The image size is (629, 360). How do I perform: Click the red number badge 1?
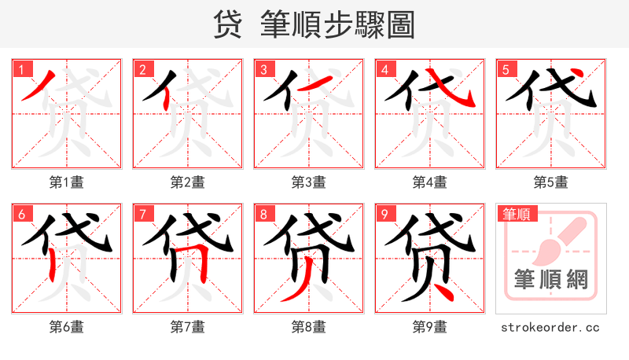tap(21, 69)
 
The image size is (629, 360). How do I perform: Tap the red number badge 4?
tap(384, 69)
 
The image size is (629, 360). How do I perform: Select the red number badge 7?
tap(142, 214)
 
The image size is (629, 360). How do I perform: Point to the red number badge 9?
tap(384, 214)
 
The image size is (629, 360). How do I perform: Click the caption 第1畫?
tap(66, 182)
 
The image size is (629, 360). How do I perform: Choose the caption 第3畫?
tap(308, 182)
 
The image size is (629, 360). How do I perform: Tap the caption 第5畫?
tap(550, 182)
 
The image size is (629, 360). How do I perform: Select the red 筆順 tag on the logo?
tap(515, 214)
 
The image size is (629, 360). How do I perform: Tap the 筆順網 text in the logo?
tap(550, 280)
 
